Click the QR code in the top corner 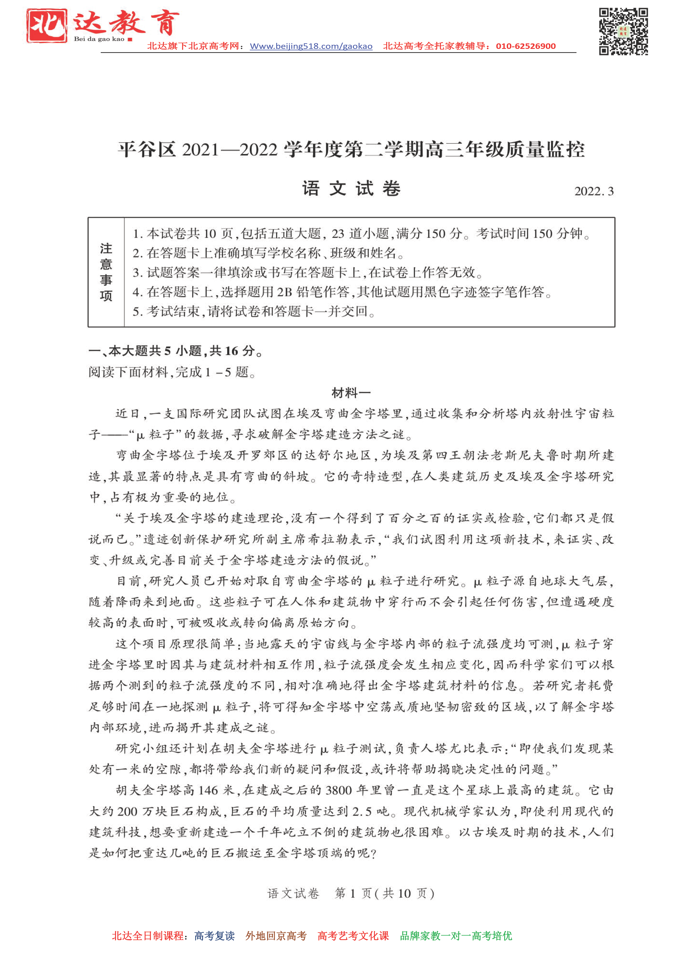click(623, 31)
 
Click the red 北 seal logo click(47, 26)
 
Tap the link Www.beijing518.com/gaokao click(311, 46)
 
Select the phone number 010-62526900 click(525, 46)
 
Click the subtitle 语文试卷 click(351, 189)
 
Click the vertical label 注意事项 click(106, 272)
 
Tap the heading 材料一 click(351, 393)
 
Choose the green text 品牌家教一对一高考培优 click(456, 936)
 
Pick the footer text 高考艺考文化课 click(353, 936)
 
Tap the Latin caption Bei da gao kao click(99, 39)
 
